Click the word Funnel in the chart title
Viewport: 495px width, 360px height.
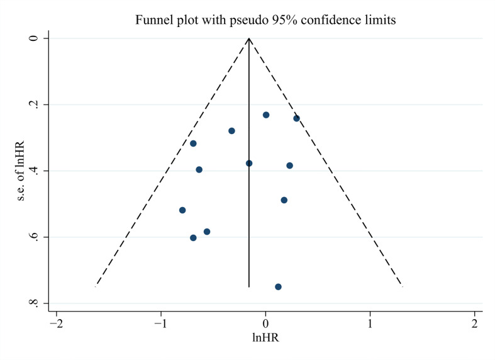152,20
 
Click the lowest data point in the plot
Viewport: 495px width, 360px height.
278,286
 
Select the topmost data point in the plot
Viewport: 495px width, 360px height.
266,115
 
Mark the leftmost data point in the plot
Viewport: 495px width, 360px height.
182,210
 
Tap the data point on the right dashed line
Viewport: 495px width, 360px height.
296,118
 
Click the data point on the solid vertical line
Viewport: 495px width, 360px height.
249,163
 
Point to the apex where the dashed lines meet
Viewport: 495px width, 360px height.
249,38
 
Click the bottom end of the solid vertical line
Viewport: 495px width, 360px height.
249,286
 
